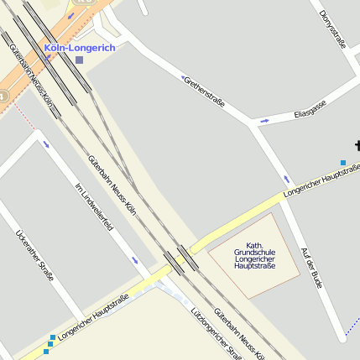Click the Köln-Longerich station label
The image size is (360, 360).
coord(80,48)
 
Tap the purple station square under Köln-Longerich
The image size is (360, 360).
coord(79,60)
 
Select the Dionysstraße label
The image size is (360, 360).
coord(332,29)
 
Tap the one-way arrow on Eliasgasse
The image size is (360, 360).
coord(265,121)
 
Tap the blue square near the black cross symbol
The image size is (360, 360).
coord(342,162)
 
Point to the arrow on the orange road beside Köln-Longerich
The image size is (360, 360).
coord(70,15)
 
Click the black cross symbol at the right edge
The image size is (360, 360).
coord(357,145)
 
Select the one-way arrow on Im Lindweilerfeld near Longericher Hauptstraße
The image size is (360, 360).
coord(135,260)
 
